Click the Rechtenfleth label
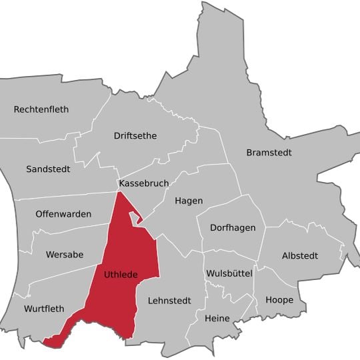[x=41, y=109]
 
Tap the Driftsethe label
[x=135, y=136]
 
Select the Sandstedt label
[x=48, y=169]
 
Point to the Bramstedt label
[x=269, y=153]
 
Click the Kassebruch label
[x=143, y=183]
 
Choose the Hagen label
[x=189, y=201]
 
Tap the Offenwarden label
[x=63, y=215]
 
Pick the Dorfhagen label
[x=233, y=228]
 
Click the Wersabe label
[x=65, y=255]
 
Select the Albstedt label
[x=300, y=256]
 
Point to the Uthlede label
[x=121, y=274]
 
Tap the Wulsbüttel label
[x=229, y=274]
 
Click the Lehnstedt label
[x=169, y=301]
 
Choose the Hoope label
[x=279, y=300]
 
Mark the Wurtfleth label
[x=44, y=309]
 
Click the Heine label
[x=217, y=318]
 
